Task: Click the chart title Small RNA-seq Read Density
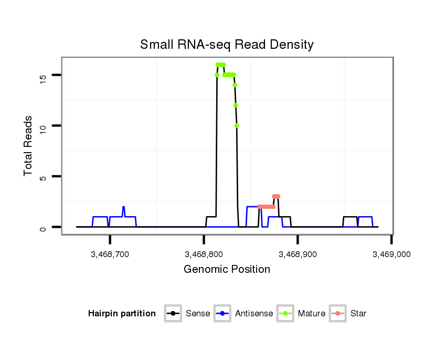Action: [x=227, y=45]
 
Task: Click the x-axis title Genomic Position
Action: [x=227, y=270]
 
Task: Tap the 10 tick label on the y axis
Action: [x=43, y=127]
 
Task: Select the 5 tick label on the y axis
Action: [x=43, y=177]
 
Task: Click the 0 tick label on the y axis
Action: [x=43, y=228]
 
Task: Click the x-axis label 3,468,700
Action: [x=110, y=254]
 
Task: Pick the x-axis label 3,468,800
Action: [x=204, y=254]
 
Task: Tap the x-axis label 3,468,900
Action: [x=297, y=254]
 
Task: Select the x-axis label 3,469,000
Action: [x=391, y=254]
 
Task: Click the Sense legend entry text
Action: [x=198, y=314]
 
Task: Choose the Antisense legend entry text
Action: [x=254, y=314]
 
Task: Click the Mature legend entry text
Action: [x=312, y=314]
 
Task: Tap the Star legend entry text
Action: [x=358, y=314]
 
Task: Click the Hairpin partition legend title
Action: [x=122, y=314]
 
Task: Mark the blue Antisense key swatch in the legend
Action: [x=222, y=314]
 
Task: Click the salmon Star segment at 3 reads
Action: [x=276, y=197]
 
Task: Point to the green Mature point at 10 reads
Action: [x=237, y=125]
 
